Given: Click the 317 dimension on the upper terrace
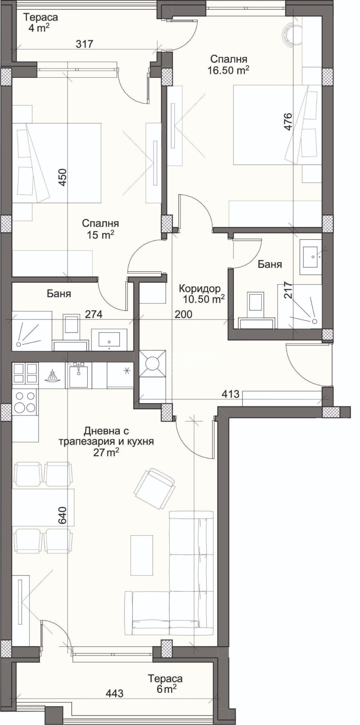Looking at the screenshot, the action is pos(85,44).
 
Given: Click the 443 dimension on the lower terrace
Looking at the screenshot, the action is pos(115,693).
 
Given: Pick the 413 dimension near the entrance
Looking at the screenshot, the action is pos(230,394).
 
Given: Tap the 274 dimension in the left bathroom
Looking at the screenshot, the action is pos(94,314).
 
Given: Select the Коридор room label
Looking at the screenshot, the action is pos(200,288).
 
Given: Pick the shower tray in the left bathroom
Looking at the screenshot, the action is pos(32,331).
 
